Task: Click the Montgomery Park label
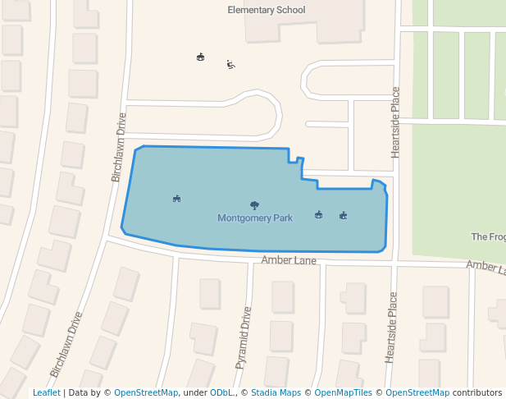255,218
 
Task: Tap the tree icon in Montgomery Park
255,205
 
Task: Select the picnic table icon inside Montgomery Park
176,198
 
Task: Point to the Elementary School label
266,10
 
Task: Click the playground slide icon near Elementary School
231,65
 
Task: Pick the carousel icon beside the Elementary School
201,57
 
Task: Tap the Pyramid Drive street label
244,337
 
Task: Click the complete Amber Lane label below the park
289,260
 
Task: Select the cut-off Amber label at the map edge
485,267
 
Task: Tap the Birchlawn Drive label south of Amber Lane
66,344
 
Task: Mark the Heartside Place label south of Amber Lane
391,327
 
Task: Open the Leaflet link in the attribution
47,392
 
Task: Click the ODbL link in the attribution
221,392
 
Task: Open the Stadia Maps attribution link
276,392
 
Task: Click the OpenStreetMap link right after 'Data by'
146,392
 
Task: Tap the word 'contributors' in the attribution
477,392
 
